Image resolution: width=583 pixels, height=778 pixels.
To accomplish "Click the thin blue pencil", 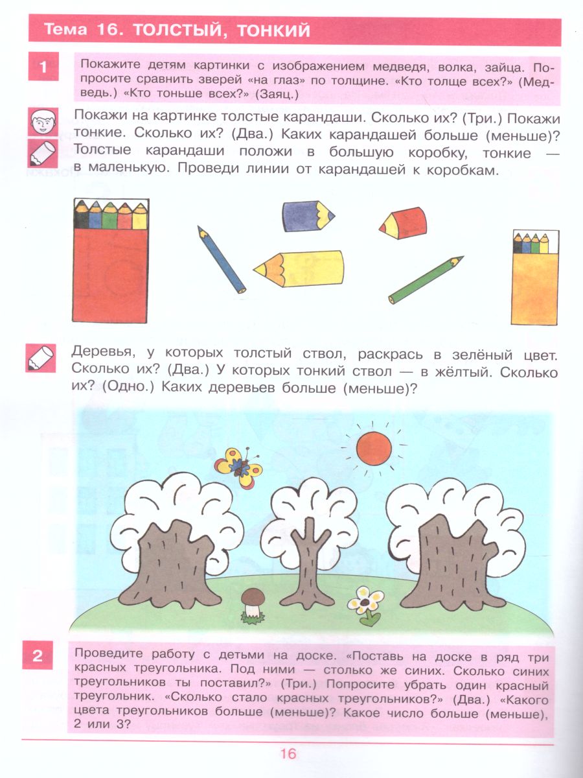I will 222,259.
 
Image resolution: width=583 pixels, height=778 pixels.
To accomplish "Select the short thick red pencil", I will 402,224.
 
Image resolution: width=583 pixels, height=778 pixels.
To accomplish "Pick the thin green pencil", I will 426,279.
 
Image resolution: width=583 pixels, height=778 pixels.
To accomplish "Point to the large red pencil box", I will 111,261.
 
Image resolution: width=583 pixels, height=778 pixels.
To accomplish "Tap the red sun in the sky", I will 374,448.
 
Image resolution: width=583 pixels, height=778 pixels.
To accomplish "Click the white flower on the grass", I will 365,603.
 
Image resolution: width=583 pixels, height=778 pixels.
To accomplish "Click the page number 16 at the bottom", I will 288,753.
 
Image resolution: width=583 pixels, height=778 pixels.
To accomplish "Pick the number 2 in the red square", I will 38,656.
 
